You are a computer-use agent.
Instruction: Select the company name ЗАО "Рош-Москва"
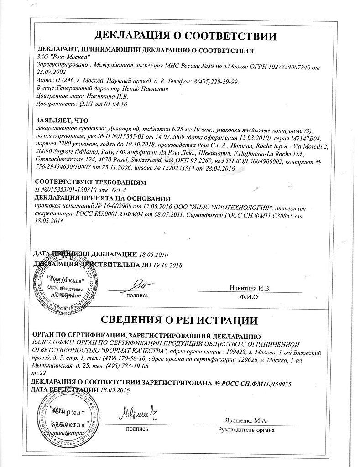click(x=58, y=59)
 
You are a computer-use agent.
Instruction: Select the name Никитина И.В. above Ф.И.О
click(x=252, y=288)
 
